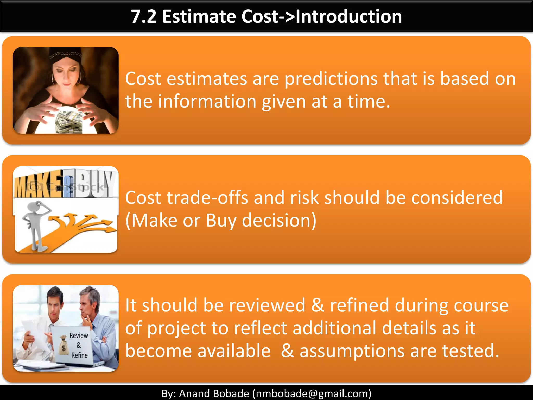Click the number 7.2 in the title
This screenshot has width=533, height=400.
144,17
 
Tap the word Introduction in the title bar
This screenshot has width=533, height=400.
349,17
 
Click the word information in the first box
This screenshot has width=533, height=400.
207,102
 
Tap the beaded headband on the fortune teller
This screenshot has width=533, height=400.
65,55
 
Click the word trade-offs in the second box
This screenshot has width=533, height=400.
207,198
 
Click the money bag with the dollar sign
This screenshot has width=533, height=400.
63,346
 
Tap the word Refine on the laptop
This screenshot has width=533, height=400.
79,355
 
